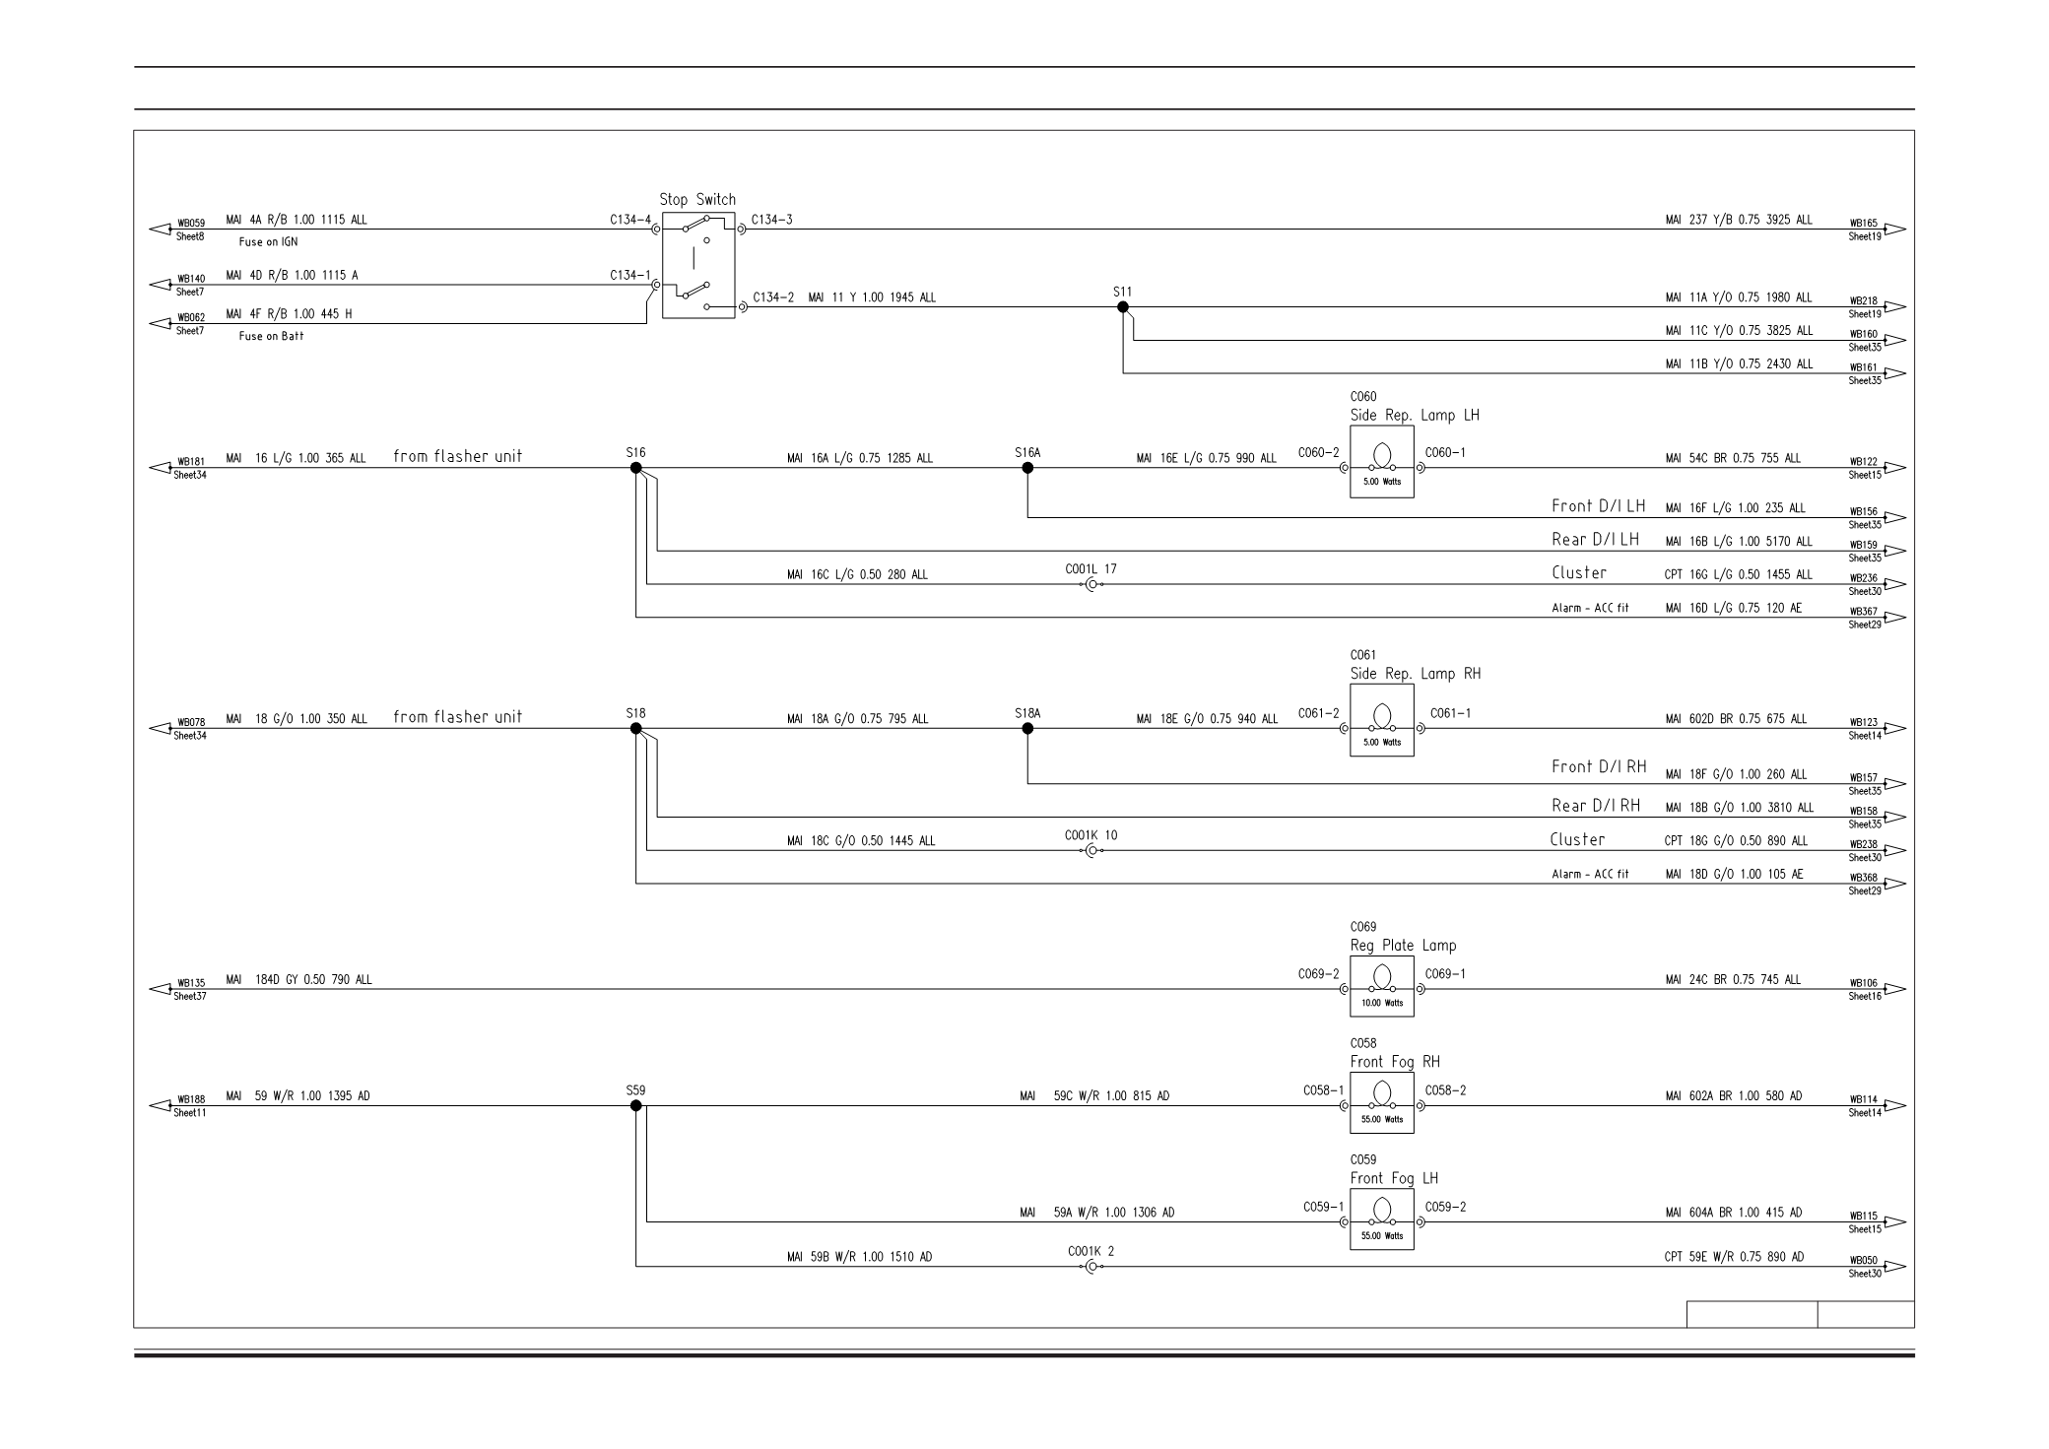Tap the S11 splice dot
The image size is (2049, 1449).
click(x=1123, y=306)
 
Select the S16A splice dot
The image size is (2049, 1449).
click(x=1027, y=468)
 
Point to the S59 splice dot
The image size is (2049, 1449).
click(x=635, y=1105)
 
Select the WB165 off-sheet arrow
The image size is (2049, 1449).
click(x=1894, y=230)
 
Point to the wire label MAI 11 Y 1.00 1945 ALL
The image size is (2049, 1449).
click(x=872, y=297)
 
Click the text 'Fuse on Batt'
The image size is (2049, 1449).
click(x=271, y=336)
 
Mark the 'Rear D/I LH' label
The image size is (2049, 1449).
click(x=1595, y=540)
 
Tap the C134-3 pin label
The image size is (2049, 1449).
click(x=771, y=220)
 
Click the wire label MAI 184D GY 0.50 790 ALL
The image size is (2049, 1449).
click(x=299, y=980)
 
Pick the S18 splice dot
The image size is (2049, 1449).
click(x=635, y=729)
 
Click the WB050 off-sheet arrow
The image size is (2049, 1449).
click(x=1894, y=1267)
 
